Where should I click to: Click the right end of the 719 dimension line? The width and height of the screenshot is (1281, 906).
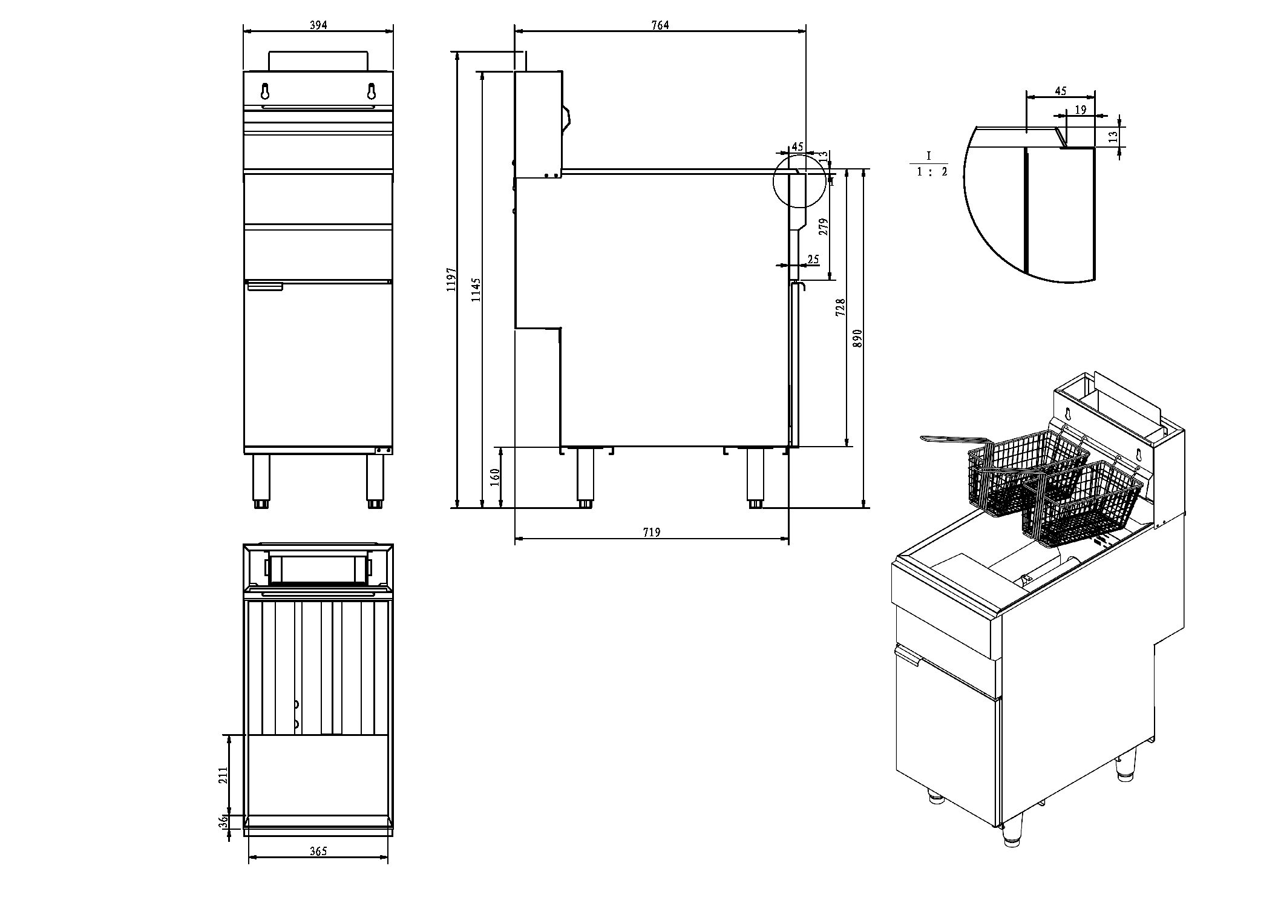788,537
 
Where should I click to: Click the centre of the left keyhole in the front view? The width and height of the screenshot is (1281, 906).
265,91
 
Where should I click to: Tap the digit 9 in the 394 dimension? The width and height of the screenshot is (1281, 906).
318,25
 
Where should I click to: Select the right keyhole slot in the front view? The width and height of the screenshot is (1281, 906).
371,91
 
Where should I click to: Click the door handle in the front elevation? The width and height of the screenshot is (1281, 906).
265,287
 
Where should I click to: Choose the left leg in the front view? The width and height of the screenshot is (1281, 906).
261,481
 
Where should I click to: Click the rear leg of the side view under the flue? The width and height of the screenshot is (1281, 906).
585,478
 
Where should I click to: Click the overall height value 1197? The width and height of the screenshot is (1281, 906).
451,280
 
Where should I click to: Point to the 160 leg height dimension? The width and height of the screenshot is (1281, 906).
495,478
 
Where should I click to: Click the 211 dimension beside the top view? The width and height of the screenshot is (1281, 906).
222,775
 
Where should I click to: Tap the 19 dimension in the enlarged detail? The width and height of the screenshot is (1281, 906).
1081,110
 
